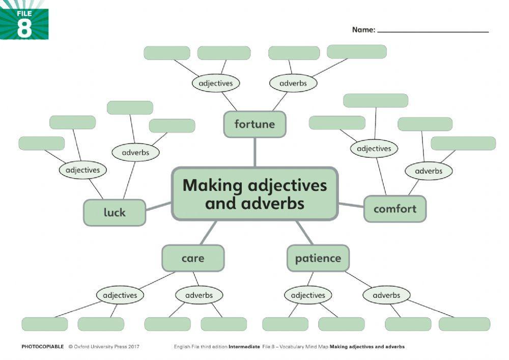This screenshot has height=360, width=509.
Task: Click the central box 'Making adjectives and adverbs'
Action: pyautogui.click(x=254, y=193)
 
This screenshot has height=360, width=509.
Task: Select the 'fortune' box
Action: pyautogui.click(x=254, y=124)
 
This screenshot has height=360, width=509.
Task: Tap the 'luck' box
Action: pyautogui.click(x=115, y=212)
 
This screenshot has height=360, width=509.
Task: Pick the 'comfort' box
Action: pyautogui.click(x=395, y=209)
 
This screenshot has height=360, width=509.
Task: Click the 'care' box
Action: pyautogui.click(x=193, y=258)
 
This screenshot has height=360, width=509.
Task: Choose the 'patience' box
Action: pyautogui.click(x=318, y=258)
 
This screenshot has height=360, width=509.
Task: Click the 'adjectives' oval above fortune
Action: pyautogui.click(x=216, y=83)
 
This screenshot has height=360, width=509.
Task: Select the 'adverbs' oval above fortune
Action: pyautogui.click(x=293, y=83)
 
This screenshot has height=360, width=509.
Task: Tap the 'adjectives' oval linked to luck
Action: pyautogui.click(x=83, y=170)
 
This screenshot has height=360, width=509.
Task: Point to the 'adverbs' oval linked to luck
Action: pyautogui.click(x=135, y=152)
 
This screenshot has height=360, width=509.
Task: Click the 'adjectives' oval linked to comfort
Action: pyautogui.click(x=374, y=149)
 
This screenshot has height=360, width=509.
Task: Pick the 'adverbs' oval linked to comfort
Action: pyautogui.click(x=429, y=171)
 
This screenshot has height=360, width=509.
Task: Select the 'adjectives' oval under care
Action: pyautogui.click(x=120, y=295)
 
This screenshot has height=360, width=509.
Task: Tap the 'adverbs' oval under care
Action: pyautogui.click(x=199, y=295)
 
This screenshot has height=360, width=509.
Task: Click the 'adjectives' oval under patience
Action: pyautogui.click(x=308, y=295)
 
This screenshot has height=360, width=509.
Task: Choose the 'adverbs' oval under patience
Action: pyautogui.click(x=386, y=295)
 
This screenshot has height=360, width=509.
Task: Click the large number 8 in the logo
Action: pyautogui.click(x=24, y=28)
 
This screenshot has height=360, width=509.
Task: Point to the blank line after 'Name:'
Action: pyautogui.click(x=433, y=31)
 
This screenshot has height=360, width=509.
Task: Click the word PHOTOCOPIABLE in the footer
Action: pyautogui.click(x=43, y=347)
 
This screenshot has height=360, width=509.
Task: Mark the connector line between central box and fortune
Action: pyautogui.click(x=254, y=152)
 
